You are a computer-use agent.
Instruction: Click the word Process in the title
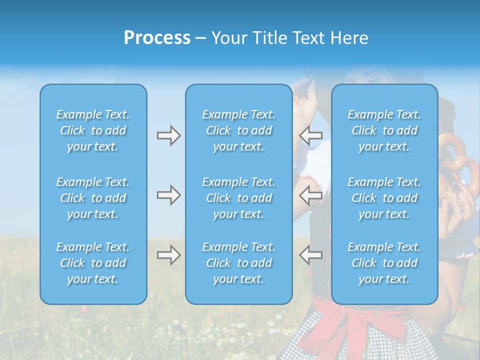tap(157, 38)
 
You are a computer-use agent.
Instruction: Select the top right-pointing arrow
tap(168, 135)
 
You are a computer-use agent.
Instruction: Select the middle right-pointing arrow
tap(168, 195)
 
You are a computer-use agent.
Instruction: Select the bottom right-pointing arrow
tap(168, 255)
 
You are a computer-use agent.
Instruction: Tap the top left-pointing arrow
tap(310, 135)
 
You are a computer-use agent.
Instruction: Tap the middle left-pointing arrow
tap(310, 195)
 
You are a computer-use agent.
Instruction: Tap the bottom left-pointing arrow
tap(310, 255)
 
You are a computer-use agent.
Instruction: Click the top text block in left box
tap(93, 130)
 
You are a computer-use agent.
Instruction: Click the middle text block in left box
tap(93, 198)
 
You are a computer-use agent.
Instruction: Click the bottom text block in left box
tap(93, 263)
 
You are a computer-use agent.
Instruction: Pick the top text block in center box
tap(238, 130)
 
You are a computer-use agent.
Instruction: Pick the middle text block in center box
tap(238, 198)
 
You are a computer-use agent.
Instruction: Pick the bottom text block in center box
tap(238, 263)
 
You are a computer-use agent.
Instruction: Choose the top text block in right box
tap(384, 130)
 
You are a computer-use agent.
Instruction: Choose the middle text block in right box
tap(384, 198)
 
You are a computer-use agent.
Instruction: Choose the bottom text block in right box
tap(384, 263)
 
